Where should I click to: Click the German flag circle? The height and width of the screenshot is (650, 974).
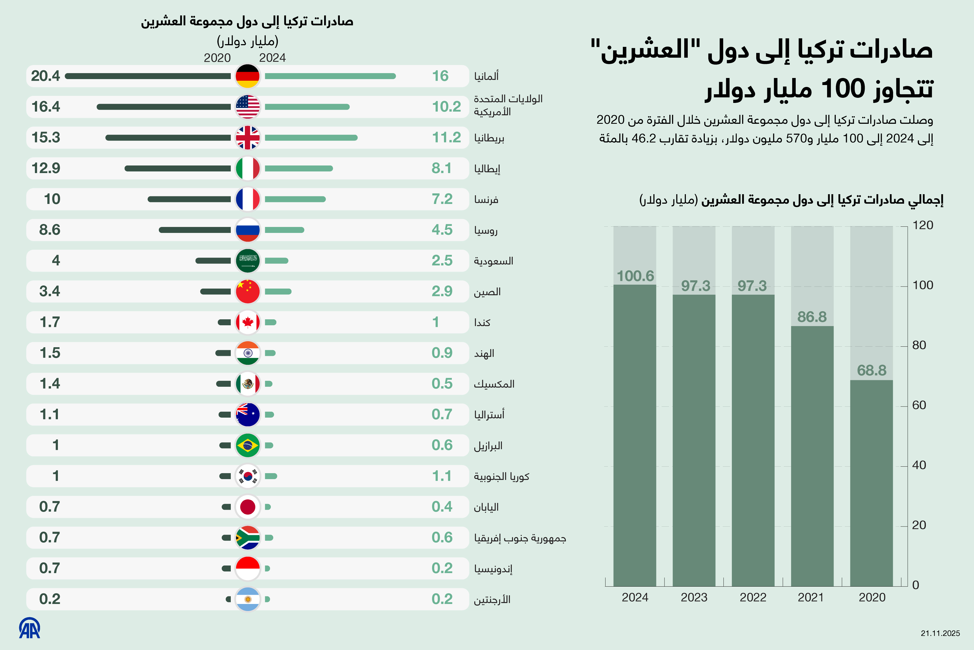pyautogui.click(x=248, y=76)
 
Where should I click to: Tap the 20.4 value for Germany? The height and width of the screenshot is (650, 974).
pyautogui.click(x=45, y=76)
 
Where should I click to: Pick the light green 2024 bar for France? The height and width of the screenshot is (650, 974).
pyautogui.click(x=295, y=199)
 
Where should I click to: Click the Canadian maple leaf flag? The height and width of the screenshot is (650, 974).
pyautogui.click(x=248, y=322)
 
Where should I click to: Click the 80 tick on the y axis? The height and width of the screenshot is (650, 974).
pyautogui.click(x=919, y=345)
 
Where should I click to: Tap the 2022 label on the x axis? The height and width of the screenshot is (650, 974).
pyautogui.click(x=753, y=597)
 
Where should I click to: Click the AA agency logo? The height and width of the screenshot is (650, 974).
pyautogui.click(x=29, y=628)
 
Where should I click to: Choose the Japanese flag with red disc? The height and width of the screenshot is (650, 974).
pyautogui.click(x=248, y=506)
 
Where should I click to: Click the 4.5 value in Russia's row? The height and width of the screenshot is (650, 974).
pyautogui.click(x=442, y=230)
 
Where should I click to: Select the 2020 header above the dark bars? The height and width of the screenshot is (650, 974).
pyautogui.click(x=217, y=58)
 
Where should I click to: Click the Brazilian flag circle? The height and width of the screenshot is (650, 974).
pyautogui.click(x=248, y=445)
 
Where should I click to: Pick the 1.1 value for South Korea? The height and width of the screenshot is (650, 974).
pyautogui.click(x=442, y=476)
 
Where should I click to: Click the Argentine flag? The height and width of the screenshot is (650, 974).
pyautogui.click(x=248, y=599)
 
